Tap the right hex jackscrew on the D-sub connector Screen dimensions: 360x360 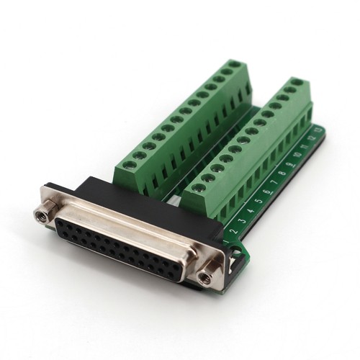207,275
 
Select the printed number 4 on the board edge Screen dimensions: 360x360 250,210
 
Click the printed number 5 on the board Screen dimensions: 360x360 258,202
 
